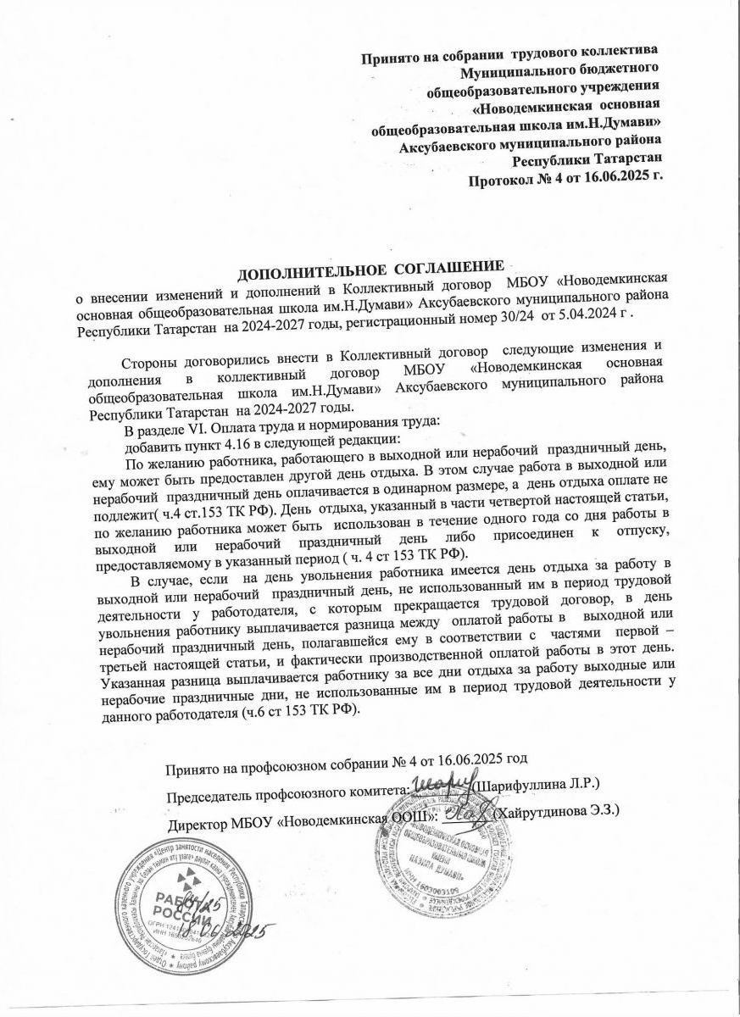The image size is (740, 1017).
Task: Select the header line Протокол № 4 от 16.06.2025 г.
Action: (x=566, y=177)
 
